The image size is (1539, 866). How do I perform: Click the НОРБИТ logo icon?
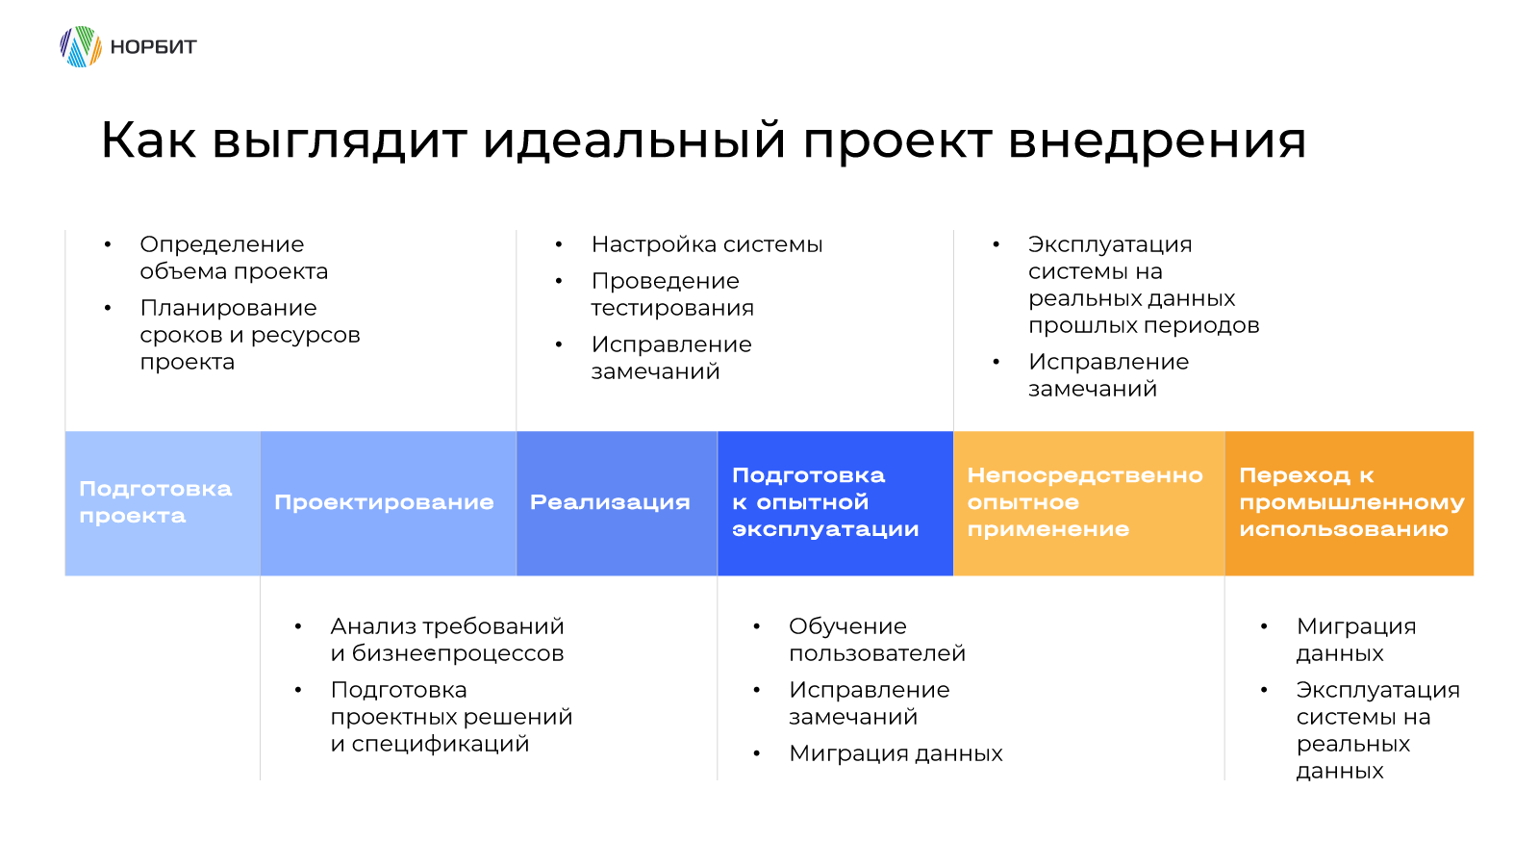click(81, 47)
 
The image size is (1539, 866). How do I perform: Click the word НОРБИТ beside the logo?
click(153, 47)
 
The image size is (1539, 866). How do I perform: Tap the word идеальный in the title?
click(634, 140)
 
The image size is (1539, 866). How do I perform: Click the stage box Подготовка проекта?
click(163, 503)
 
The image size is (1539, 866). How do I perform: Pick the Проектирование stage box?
click(389, 503)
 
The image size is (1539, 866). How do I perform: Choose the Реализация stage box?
click(617, 503)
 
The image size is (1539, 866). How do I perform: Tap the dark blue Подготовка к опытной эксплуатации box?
click(836, 503)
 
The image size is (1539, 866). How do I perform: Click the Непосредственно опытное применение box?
click(1089, 503)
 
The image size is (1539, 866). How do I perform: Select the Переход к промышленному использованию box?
click(1350, 503)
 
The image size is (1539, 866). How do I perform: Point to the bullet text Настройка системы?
click(707, 244)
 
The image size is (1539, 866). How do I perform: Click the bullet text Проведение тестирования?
click(672, 294)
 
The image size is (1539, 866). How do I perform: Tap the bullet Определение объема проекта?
click(235, 258)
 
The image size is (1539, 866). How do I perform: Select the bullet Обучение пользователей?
click(877, 640)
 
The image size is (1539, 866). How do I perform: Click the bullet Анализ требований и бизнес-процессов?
click(447, 640)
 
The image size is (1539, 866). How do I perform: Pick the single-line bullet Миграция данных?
click(896, 754)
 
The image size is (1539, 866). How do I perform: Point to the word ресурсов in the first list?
click(305, 336)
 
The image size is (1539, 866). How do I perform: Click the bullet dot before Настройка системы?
click(559, 244)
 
